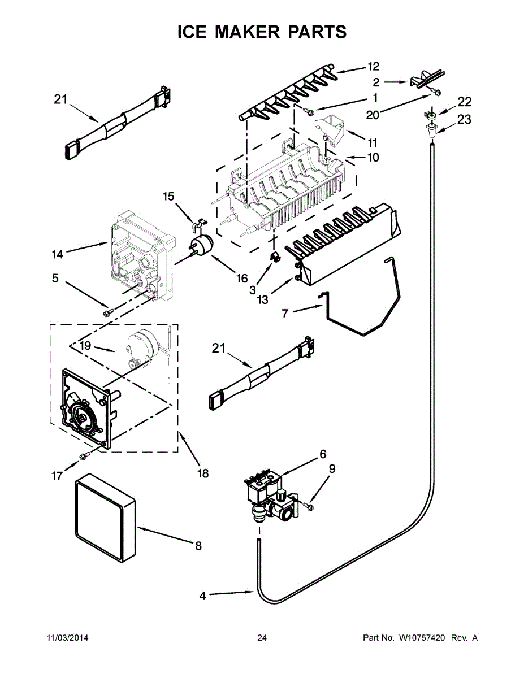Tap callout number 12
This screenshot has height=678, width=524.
coord(373,67)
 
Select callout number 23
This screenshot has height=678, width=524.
coord(464,119)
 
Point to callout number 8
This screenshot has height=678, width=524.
coord(198,545)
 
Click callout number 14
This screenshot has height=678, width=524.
coord(58,254)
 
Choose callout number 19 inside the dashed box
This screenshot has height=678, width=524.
coord(85,345)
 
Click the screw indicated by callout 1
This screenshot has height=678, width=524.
coord(307,110)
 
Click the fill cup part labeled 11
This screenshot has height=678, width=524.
coord(329,131)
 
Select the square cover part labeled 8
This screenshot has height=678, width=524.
coord(105,516)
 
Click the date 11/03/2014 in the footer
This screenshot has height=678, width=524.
coord(67,638)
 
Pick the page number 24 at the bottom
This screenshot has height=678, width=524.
coord(262,638)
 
